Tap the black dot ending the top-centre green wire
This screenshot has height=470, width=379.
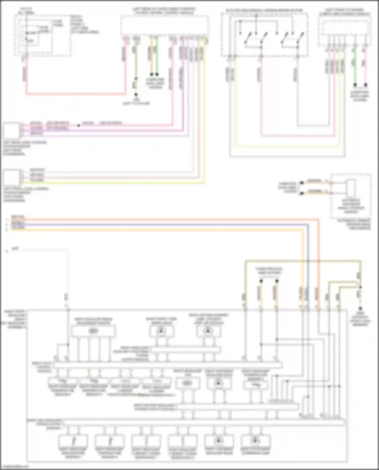(157, 75)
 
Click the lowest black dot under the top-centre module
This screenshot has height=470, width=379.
(136, 95)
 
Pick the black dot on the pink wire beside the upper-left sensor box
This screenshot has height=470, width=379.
(79, 126)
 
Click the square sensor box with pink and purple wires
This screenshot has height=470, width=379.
(11, 130)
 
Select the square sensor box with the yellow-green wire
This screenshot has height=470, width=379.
(11, 178)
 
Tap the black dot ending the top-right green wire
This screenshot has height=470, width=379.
(355, 85)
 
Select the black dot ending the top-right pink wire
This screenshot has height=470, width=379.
(365, 85)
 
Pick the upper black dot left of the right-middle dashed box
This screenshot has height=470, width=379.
(302, 182)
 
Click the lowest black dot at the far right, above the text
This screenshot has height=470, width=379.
(360, 308)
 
